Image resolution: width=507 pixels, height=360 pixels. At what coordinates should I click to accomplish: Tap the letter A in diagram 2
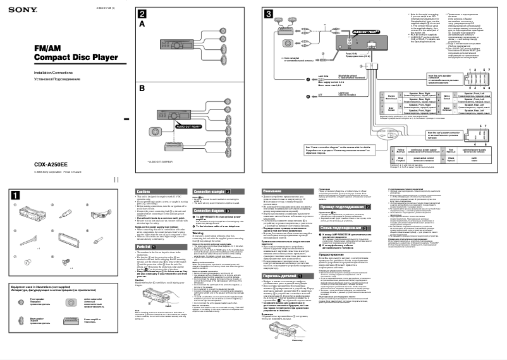(142, 23)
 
